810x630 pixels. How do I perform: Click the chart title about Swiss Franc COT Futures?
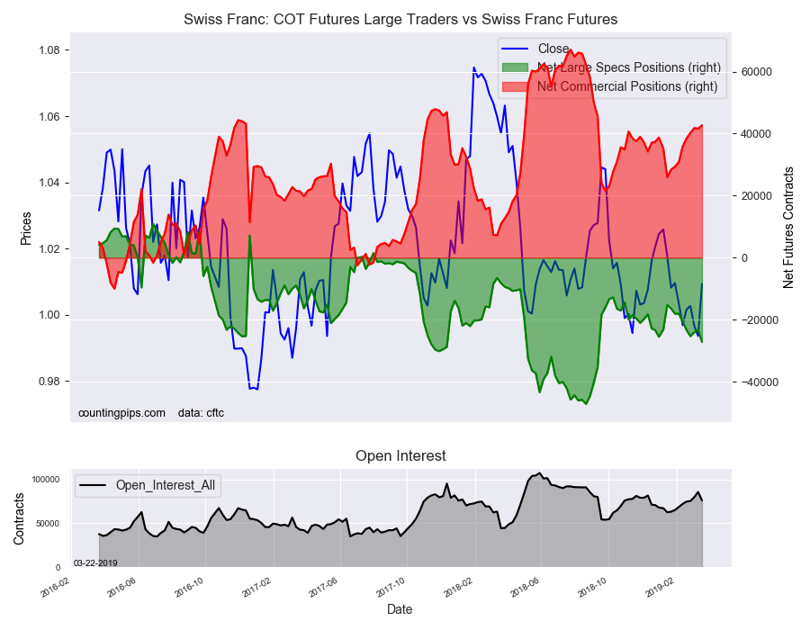(x=400, y=19)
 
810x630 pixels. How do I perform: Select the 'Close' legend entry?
(x=553, y=49)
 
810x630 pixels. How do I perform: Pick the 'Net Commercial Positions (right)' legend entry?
(x=626, y=86)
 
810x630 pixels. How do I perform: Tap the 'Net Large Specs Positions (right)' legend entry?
(x=626, y=67)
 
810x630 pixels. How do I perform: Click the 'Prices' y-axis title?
(x=26, y=228)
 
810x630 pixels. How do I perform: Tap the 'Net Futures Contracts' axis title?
(x=788, y=228)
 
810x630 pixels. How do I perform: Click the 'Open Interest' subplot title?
(x=400, y=455)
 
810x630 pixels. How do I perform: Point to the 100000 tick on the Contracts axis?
(x=46, y=480)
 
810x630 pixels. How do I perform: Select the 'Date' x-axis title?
(x=400, y=609)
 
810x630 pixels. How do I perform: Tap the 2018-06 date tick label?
(x=524, y=587)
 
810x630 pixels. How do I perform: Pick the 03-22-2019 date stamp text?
(x=95, y=562)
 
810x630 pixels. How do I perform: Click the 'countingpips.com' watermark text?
(x=121, y=413)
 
